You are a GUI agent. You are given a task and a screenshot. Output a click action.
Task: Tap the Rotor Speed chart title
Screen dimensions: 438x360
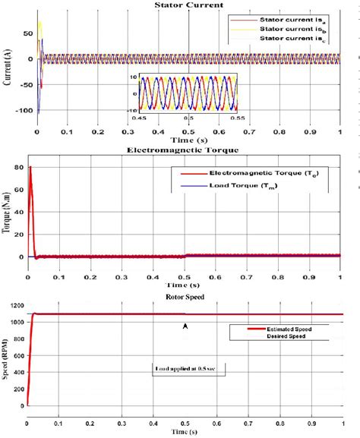[x=183, y=296]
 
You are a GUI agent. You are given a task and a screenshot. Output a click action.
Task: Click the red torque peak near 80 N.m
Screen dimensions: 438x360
[x=30, y=167]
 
